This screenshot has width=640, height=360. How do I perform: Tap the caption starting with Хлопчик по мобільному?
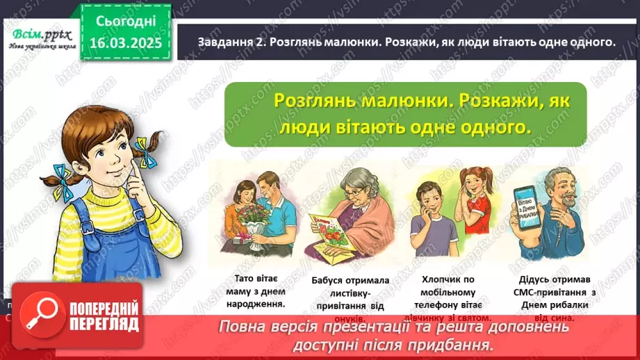[x=450, y=292]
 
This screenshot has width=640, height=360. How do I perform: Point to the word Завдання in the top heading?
[x=213, y=42]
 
